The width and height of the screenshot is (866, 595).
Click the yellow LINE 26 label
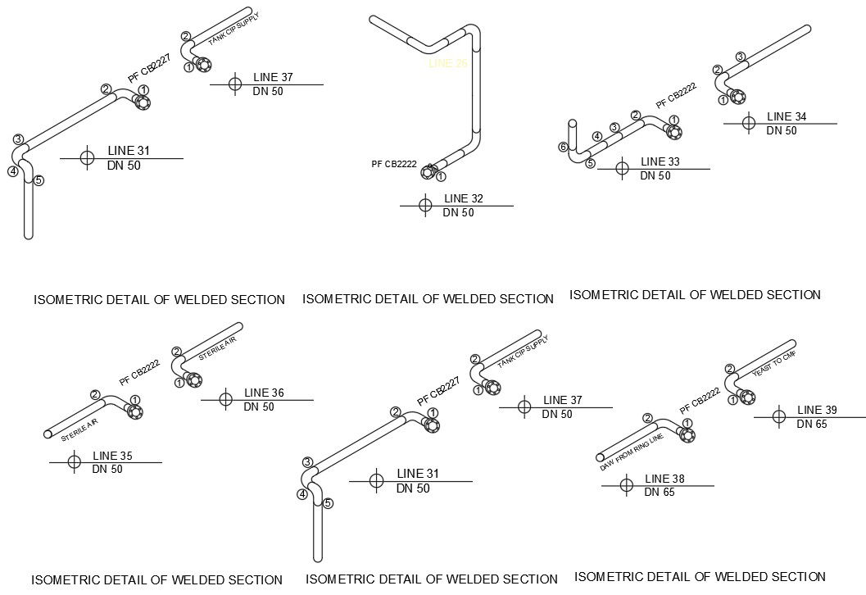click(x=447, y=63)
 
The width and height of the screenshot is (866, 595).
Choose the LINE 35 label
click(x=111, y=456)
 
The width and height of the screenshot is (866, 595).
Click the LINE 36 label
click(x=264, y=393)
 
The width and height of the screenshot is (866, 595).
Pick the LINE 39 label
click(x=817, y=410)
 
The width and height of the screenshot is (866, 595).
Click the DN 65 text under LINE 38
click(x=660, y=493)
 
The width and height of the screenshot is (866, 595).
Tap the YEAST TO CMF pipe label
click(x=773, y=366)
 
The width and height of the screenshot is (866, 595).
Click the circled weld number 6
click(x=563, y=147)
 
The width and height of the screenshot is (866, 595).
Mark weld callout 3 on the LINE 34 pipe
click(x=740, y=57)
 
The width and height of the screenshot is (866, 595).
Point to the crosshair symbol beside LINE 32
click(x=424, y=205)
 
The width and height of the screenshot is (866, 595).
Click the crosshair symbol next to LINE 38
click(x=627, y=485)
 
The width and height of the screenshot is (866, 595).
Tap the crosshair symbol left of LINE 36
click(x=226, y=399)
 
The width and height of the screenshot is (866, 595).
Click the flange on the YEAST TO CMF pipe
click(x=747, y=397)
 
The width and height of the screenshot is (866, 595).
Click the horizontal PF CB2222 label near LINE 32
click(x=394, y=164)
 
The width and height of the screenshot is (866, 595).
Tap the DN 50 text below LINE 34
click(x=782, y=131)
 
